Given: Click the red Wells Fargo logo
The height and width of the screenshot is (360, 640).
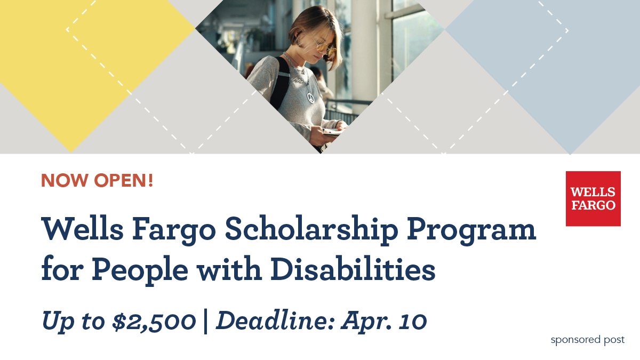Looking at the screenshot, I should tap(593, 198).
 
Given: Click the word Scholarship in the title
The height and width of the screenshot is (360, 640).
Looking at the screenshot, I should tap(311, 230).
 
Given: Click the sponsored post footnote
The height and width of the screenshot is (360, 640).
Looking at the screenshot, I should tap(587, 340).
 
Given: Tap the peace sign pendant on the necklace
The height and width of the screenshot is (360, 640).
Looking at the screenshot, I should tap(310, 98).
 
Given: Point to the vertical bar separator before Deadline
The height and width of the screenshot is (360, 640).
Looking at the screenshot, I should tap(206, 321).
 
